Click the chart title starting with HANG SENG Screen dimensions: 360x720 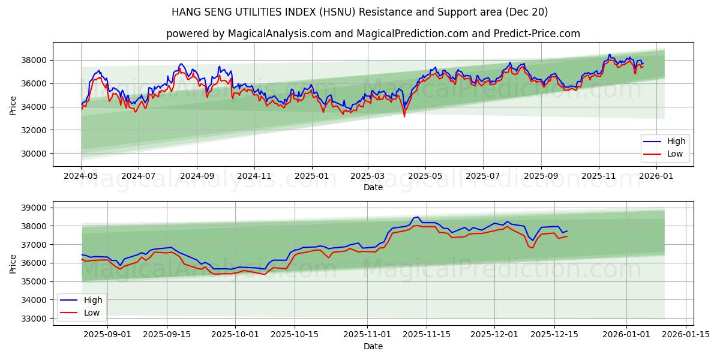click(359, 12)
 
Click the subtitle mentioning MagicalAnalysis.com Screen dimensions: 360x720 click(373, 34)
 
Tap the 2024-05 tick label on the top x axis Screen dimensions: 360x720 click(81, 176)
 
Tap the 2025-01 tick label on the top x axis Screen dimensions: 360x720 click(312, 176)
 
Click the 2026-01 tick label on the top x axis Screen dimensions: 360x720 click(658, 176)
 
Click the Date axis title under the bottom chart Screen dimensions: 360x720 click(373, 346)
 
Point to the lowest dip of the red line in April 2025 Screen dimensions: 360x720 click(404, 116)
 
